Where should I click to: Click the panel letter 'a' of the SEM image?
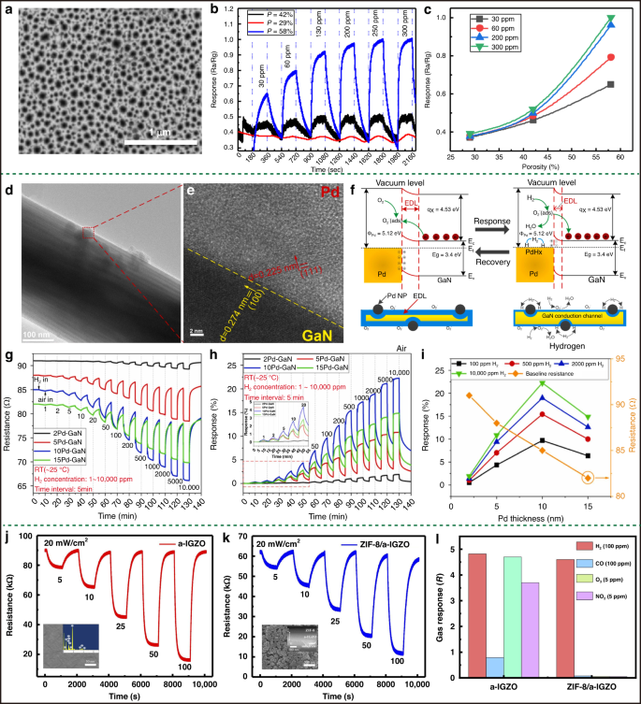point(7,8)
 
